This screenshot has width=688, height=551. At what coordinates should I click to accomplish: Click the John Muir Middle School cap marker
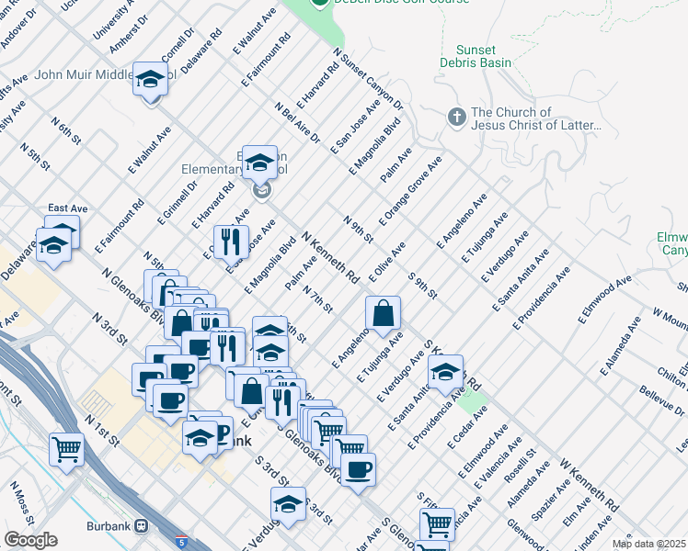pyautogui.click(x=148, y=80)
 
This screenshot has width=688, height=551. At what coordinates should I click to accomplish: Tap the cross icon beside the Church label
pyautogui.click(x=455, y=118)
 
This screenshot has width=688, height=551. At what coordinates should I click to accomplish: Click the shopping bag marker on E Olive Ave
pyautogui.click(x=383, y=313)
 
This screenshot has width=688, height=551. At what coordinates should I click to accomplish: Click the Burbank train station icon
pyautogui.click(x=141, y=526)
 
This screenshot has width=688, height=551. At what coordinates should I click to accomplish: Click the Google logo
pyautogui.click(x=30, y=540)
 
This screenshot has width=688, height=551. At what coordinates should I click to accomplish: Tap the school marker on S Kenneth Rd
pyautogui.click(x=445, y=372)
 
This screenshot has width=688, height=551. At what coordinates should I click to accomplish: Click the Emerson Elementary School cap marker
pyautogui.click(x=260, y=163)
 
